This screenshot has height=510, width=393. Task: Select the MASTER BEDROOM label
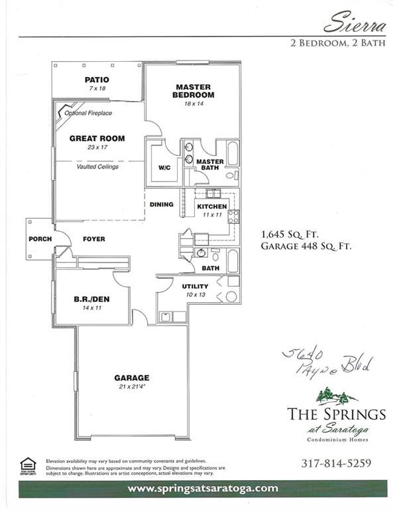point(193,90)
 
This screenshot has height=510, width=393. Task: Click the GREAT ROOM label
point(97,139)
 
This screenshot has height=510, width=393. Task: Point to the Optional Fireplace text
point(88,114)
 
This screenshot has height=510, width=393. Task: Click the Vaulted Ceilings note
point(97,166)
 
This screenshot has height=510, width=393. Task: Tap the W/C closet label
point(164,167)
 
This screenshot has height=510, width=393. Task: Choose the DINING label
point(161,205)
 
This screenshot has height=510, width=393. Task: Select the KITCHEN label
point(212,207)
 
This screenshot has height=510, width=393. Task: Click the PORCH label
point(36,239)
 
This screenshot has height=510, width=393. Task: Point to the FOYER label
point(93,239)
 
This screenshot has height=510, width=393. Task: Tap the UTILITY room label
point(196,286)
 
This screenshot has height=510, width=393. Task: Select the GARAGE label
point(132,378)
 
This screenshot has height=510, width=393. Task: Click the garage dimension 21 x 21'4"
point(132,387)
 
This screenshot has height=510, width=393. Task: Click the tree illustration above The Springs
point(335,396)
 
